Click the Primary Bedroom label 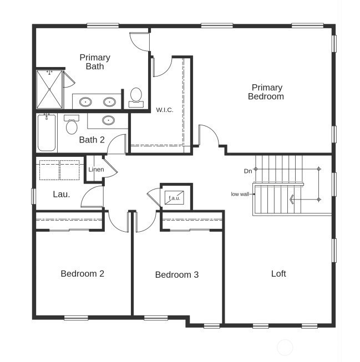point(267,92)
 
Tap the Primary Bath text point(95,62)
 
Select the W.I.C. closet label point(165,110)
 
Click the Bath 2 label point(92,140)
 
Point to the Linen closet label point(96,169)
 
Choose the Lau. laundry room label point(61,194)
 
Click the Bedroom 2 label point(82,273)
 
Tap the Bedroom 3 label point(176,274)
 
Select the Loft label point(278,274)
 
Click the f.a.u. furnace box point(175,197)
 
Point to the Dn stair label point(248,171)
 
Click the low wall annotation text point(240,194)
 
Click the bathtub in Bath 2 point(47,132)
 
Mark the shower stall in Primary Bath point(49,89)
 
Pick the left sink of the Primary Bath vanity point(85,102)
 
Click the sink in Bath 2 point(108,120)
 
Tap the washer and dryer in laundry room point(60,170)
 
